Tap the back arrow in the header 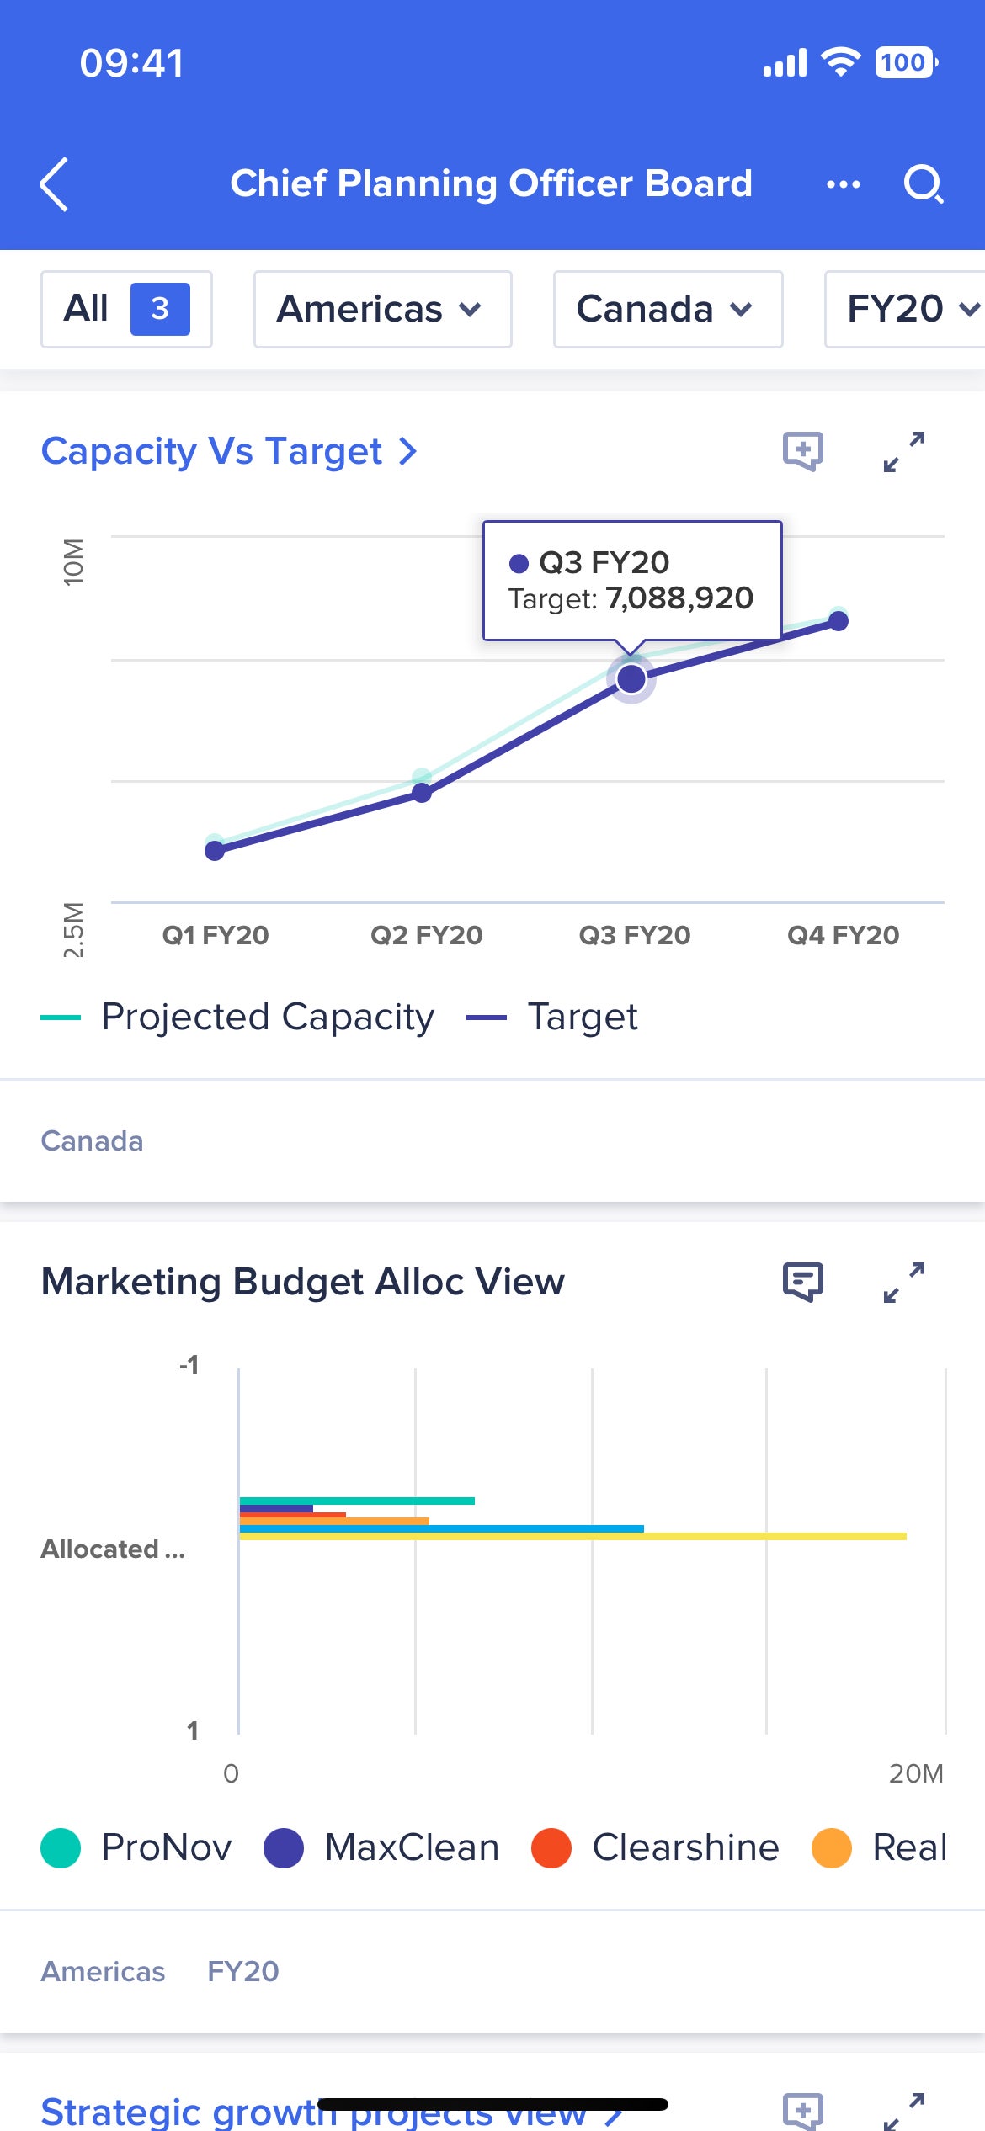55,184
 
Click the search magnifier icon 923,183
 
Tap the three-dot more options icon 843,184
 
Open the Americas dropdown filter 382,309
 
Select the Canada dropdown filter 668,309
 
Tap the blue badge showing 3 160,309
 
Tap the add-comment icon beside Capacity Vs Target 802,451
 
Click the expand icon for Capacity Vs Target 904,452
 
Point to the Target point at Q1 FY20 215,851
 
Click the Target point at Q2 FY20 422,793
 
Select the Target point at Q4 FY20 839,621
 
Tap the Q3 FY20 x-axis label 634,935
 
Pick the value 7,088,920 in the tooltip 679,598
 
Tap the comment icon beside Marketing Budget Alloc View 802,1282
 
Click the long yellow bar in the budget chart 572,1537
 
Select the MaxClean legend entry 381,1848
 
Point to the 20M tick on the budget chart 915,1773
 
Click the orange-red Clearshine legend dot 551,1848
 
